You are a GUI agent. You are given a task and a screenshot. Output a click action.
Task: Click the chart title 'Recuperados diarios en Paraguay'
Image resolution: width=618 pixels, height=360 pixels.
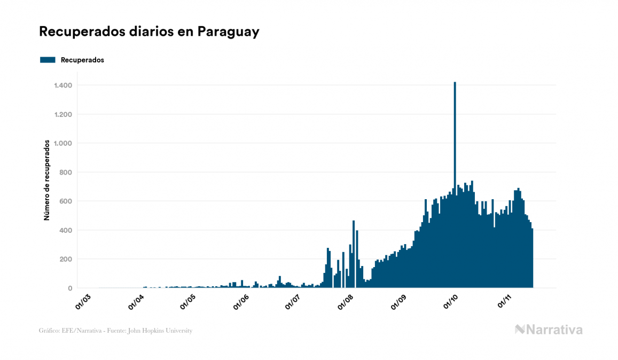(x=149, y=32)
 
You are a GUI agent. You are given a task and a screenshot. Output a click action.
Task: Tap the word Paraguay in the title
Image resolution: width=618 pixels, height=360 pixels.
(x=228, y=32)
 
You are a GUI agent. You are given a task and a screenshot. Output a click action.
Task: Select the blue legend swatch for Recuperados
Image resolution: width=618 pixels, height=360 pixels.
(x=48, y=60)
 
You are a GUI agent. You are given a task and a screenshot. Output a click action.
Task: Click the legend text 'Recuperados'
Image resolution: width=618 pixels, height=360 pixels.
(x=82, y=60)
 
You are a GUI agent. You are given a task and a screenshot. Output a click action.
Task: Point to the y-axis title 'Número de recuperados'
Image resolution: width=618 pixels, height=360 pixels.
(x=46, y=181)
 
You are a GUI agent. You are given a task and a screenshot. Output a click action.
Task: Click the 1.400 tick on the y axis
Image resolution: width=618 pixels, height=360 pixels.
(x=63, y=85)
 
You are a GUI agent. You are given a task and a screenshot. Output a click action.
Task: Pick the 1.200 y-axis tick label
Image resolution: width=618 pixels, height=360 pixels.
(x=63, y=114)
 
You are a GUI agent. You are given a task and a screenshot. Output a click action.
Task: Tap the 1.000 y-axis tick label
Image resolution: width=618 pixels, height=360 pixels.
(x=63, y=143)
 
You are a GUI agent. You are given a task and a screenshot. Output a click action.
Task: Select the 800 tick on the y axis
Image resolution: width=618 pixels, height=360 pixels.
(x=66, y=173)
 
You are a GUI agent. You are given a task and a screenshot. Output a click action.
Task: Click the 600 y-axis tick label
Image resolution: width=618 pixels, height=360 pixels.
(x=66, y=201)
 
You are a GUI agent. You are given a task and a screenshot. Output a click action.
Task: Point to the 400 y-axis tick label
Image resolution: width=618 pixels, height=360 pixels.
(x=66, y=230)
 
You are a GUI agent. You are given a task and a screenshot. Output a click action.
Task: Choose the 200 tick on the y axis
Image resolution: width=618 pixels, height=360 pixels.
(x=66, y=259)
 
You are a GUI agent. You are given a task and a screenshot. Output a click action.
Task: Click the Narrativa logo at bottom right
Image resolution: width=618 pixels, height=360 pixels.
(x=549, y=330)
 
